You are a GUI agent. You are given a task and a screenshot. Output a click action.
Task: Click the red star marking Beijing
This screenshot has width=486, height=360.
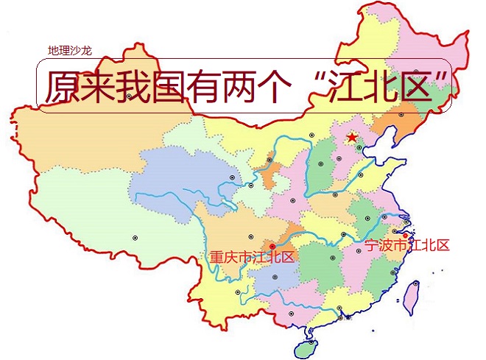click(x=352, y=137)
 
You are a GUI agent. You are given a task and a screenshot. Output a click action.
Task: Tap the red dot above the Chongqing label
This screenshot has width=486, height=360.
click(x=272, y=246)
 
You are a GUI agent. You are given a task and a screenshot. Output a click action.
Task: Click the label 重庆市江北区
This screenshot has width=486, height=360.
click(x=252, y=257)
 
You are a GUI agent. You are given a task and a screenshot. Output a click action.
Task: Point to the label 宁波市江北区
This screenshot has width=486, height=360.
click(x=407, y=246)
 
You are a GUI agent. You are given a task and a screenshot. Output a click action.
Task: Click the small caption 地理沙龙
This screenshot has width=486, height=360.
click(x=70, y=51)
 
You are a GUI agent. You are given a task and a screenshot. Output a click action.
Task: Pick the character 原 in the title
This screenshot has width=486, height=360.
click(x=62, y=88)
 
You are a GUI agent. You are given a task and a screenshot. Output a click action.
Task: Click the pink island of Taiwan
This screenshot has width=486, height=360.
click(x=412, y=296)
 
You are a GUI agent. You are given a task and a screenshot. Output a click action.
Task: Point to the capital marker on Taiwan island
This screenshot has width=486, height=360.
click(x=416, y=283)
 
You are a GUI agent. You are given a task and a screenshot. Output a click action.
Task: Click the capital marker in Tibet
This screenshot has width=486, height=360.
click(x=135, y=237)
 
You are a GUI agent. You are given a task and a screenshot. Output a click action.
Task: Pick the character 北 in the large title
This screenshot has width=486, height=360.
click(x=387, y=88)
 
